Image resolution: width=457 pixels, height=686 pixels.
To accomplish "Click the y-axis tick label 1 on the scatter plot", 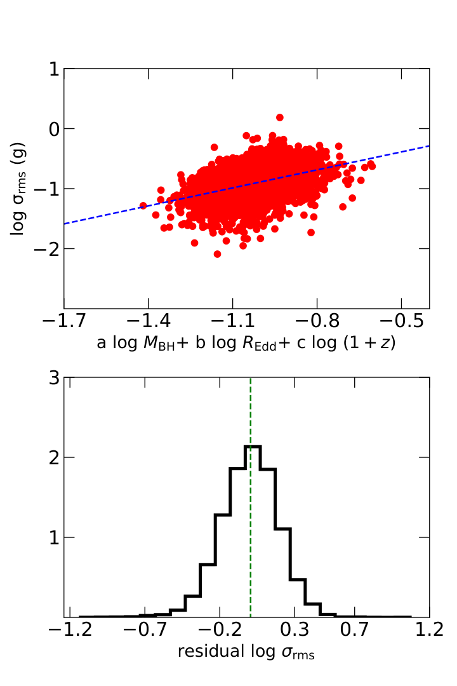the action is [x=54, y=69].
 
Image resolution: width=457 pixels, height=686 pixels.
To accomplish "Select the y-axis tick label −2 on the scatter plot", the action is [x=47, y=249].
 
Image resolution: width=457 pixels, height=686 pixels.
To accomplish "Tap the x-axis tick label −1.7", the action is [x=64, y=321].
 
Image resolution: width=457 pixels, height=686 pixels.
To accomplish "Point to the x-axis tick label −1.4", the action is [x=149, y=321].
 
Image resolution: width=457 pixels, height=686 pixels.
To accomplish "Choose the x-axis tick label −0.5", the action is [x=401, y=321].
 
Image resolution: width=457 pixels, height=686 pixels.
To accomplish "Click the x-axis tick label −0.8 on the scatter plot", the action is [x=317, y=321].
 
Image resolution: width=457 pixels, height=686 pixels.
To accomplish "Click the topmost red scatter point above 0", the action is [x=280, y=118].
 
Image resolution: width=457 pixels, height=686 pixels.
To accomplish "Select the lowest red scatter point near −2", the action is [x=217, y=253].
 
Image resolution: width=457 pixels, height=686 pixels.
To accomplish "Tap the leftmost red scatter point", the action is [x=143, y=206].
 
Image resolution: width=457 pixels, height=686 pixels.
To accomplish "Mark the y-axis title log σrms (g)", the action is [x=18, y=189].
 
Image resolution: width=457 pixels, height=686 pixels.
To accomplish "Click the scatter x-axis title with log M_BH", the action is [x=246, y=343].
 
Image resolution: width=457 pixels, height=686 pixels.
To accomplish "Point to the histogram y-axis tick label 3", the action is [x=54, y=377].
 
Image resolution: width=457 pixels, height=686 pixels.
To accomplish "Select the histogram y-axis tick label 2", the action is [x=54, y=457].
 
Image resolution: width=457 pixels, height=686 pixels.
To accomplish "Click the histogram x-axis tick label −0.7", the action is [x=145, y=630].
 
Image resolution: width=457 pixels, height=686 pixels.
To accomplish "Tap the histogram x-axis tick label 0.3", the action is [x=294, y=630].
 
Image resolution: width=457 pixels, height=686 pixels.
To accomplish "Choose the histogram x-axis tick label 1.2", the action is [x=430, y=630].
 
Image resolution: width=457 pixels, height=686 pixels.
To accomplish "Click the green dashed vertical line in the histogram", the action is [x=251, y=497].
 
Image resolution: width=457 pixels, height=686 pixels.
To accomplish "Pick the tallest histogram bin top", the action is [x=253, y=447].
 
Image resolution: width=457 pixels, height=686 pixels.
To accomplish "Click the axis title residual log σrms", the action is [x=246, y=652].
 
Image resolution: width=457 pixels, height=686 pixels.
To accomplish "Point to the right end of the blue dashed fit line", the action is [x=429, y=145].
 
